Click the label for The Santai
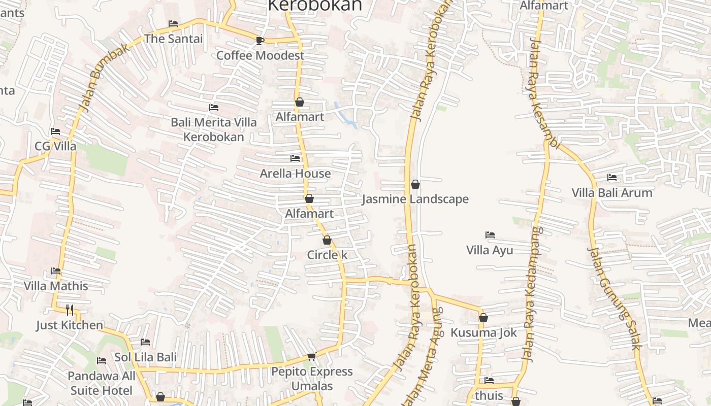point(173,39)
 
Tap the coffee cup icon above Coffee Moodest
point(260,41)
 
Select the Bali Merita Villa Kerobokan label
point(213,129)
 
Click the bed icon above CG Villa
point(55,131)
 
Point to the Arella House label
point(295,174)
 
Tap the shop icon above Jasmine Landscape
point(415,184)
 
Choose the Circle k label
point(327,255)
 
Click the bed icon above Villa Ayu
point(490,235)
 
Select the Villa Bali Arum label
point(612,193)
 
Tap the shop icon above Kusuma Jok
point(483,318)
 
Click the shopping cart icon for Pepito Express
point(311,357)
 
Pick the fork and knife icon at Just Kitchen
point(70,310)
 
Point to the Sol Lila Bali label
point(145,357)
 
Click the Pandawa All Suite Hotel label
point(102,383)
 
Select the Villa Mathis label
point(56,286)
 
